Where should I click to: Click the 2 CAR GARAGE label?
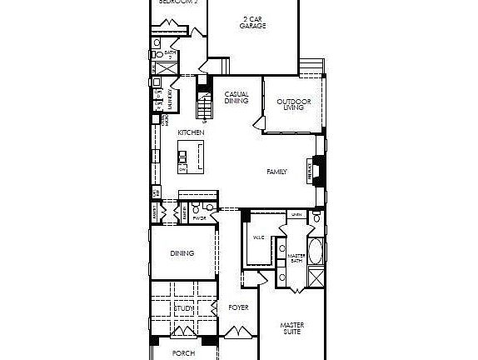point(252,22)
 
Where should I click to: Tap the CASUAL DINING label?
point(237,97)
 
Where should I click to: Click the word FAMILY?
point(276,172)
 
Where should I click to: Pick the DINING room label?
point(182,253)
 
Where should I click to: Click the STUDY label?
point(183,309)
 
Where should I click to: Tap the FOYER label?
point(238,307)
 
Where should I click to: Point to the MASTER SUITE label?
point(291,327)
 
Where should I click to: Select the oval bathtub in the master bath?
point(316,251)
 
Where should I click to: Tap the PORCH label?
point(183,352)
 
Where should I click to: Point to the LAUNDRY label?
point(170,100)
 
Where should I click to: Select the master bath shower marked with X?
point(316,278)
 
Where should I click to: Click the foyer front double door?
point(237,334)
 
